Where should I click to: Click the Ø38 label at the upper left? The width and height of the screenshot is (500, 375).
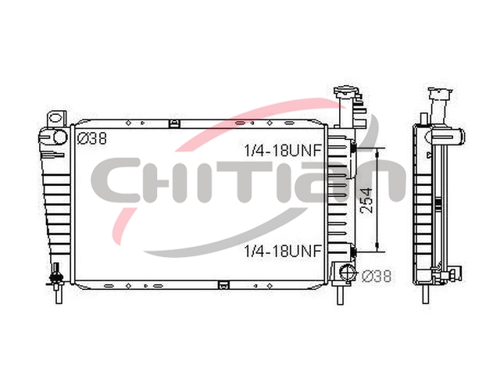(x=92, y=139)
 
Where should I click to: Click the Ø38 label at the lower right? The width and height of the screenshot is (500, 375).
(x=377, y=276)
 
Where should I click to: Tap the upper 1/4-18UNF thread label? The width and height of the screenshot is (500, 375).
(x=283, y=150)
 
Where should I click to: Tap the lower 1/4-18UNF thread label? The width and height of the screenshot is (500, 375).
(x=283, y=251)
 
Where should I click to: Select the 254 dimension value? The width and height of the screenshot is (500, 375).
(x=366, y=200)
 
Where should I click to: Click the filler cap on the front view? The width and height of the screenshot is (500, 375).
(x=344, y=92)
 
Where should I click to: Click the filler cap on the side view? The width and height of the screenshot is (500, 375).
(x=441, y=94)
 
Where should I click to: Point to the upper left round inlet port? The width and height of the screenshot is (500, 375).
(x=59, y=137)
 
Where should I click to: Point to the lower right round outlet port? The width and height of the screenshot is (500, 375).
(x=348, y=273)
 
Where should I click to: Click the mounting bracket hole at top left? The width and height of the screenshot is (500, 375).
(x=56, y=118)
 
